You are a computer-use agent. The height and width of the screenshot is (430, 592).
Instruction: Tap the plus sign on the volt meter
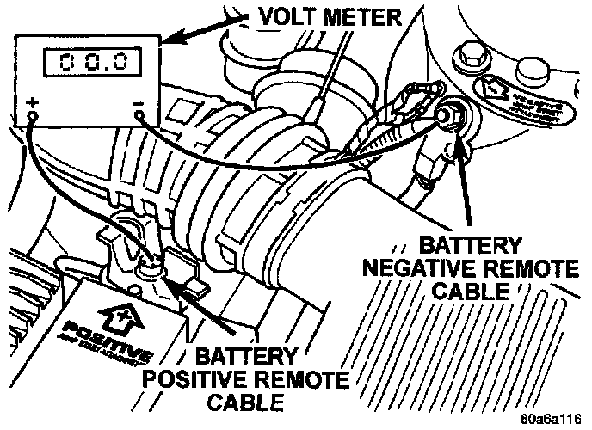33,105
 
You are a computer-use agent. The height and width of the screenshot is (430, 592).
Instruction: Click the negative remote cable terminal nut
447,113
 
